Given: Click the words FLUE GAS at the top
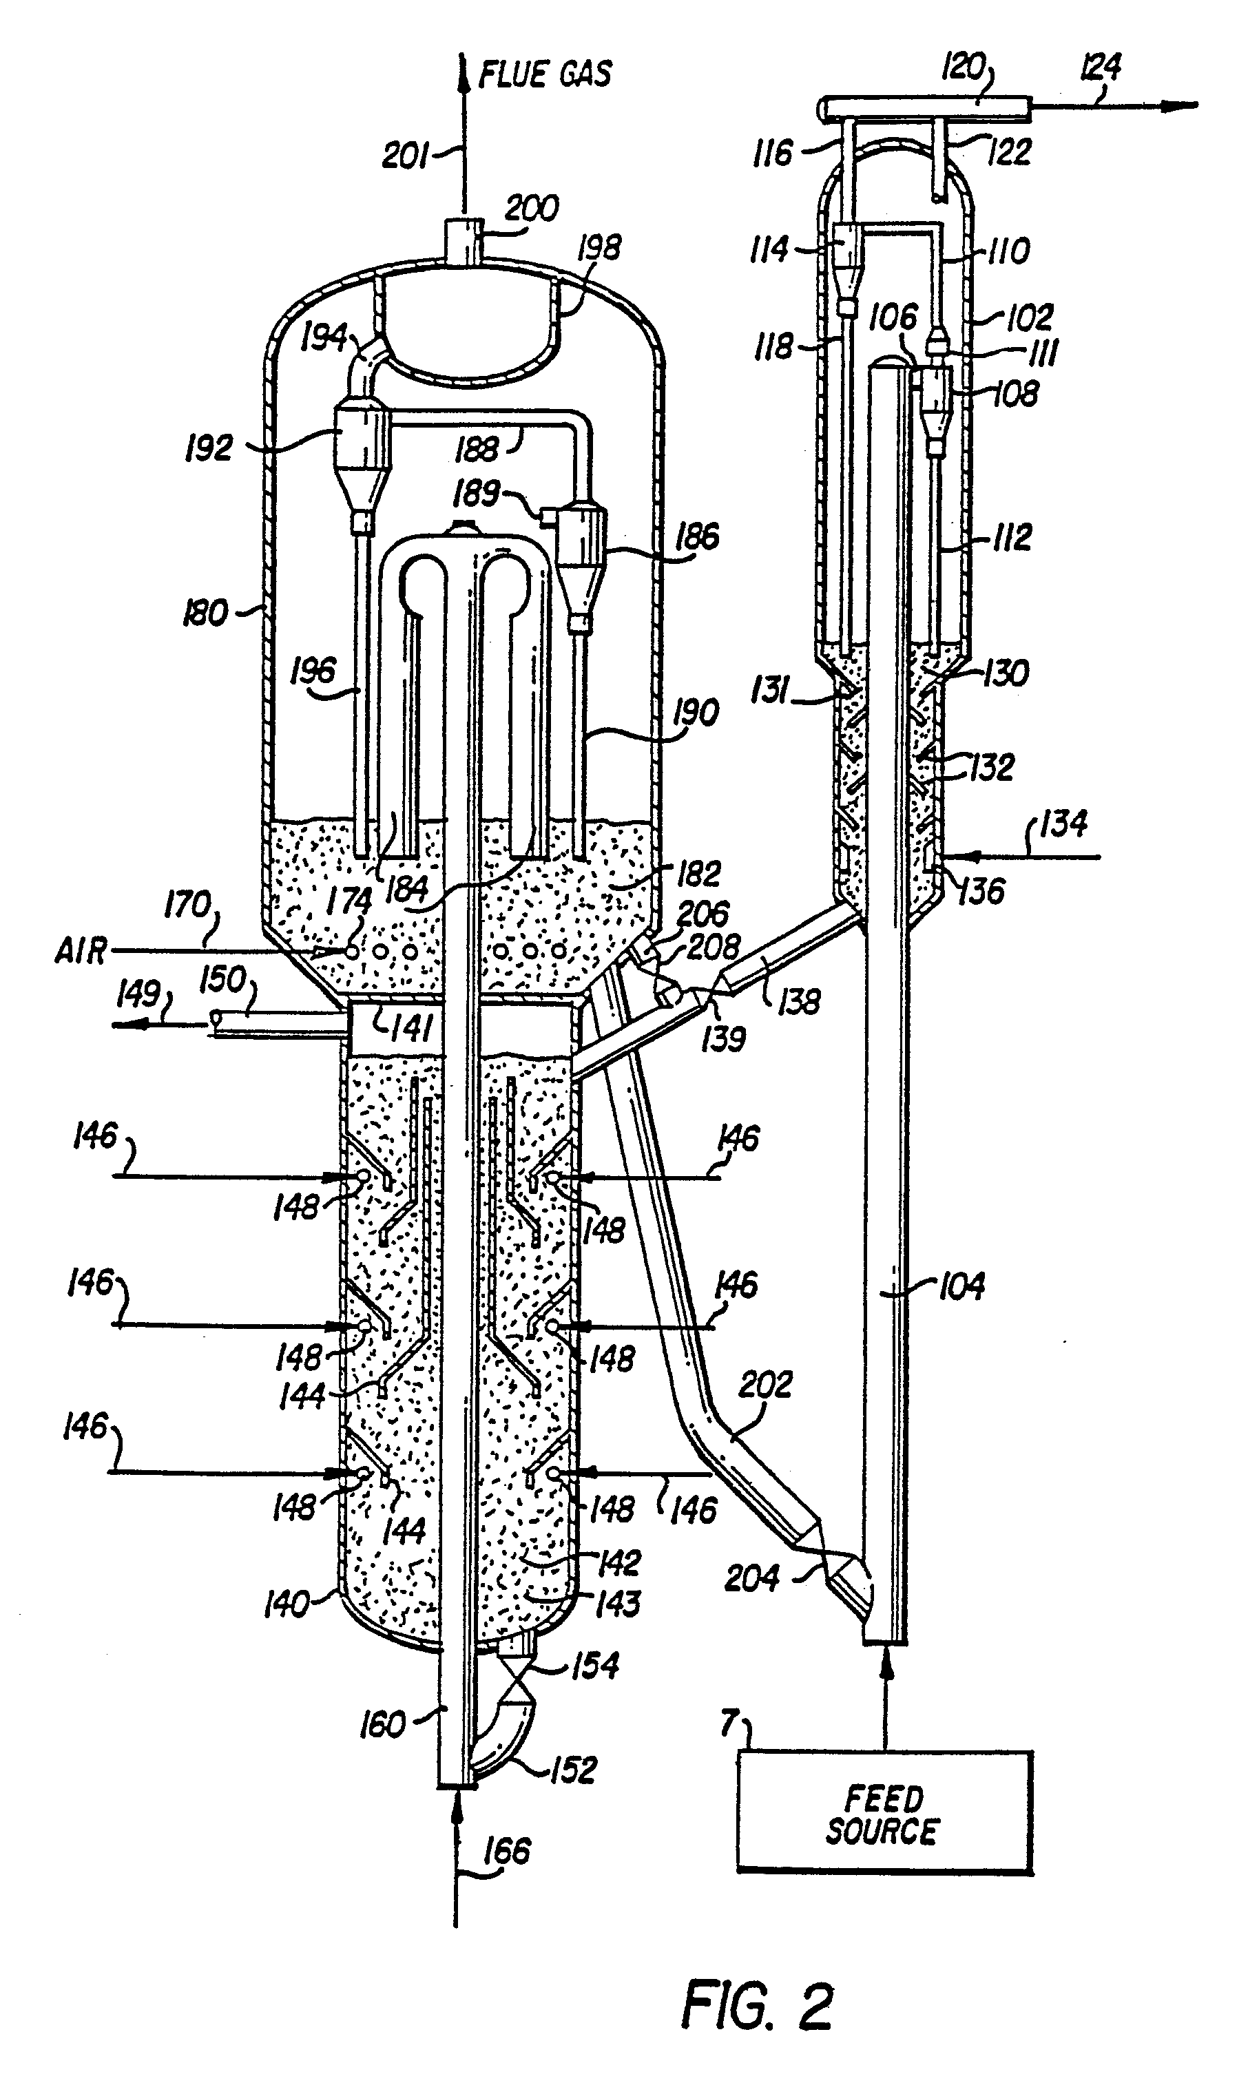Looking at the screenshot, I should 545,74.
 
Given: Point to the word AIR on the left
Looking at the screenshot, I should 81,952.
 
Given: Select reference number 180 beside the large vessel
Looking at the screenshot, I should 205,613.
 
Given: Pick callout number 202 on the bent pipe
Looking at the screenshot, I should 765,1385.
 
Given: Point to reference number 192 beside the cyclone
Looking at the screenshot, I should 209,448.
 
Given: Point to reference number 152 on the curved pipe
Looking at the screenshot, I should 573,1770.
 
